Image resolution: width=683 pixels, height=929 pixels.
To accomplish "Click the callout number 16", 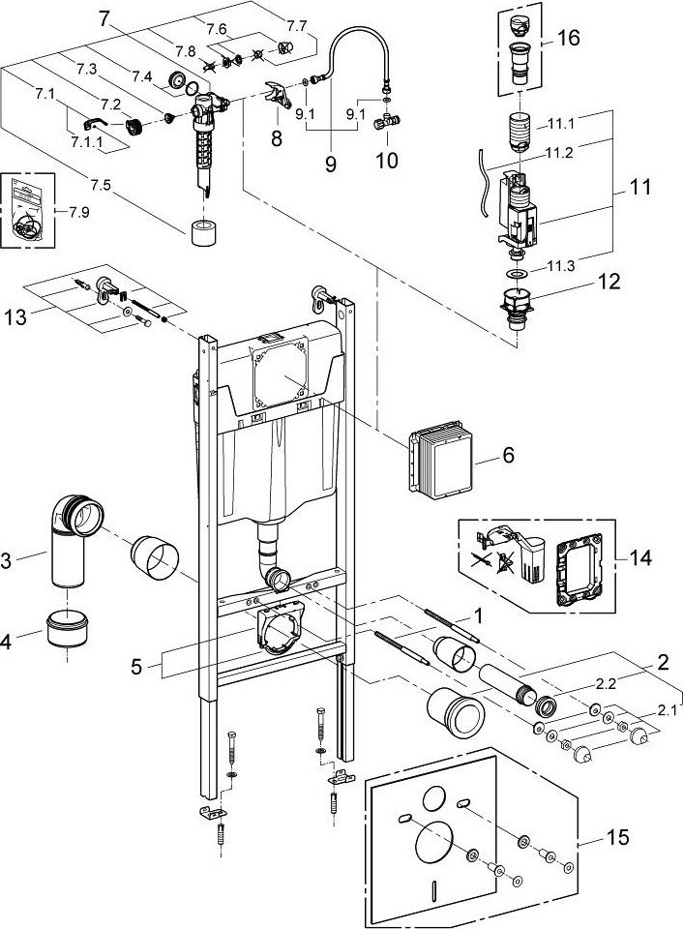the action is tap(568, 39).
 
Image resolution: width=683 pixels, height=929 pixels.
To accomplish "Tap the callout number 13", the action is tap(15, 317).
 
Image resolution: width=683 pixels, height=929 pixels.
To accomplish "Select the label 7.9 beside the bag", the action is tap(78, 212).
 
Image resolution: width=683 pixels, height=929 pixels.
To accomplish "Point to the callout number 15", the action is tap(617, 837).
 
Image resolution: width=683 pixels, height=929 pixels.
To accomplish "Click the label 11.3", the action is tap(560, 266).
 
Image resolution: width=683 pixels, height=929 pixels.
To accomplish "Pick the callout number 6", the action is tap(508, 455).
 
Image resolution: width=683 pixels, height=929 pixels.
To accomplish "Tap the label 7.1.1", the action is tap(86, 142).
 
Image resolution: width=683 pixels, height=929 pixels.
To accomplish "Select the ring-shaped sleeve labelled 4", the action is tap(67, 630).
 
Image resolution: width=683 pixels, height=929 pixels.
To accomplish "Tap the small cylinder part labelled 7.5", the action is tap(203, 232).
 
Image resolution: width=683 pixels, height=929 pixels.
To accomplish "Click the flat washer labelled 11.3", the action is tap(518, 274).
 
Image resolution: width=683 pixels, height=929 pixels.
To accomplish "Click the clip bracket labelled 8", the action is tap(278, 95).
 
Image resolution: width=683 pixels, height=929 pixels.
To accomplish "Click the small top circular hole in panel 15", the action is tap(436, 798).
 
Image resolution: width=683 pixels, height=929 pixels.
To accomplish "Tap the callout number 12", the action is tap(608, 281).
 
